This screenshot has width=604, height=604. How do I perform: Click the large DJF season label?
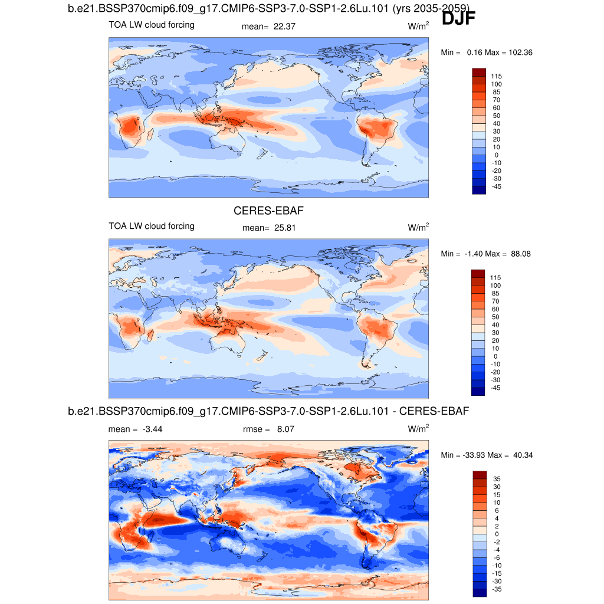pyautogui.click(x=458, y=18)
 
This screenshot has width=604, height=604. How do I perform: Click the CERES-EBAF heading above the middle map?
pyautogui.click(x=268, y=211)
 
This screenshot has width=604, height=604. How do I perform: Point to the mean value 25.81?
pyautogui.click(x=286, y=227)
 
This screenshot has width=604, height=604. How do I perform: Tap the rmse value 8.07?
pyautogui.click(x=285, y=429)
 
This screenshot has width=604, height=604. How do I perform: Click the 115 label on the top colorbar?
pyautogui.click(x=497, y=76)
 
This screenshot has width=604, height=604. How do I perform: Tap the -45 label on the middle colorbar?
pyautogui.click(x=497, y=388)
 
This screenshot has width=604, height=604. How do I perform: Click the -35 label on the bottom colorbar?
pyautogui.click(x=497, y=589)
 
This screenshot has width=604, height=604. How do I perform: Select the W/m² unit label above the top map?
pyautogui.click(x=418, y=27)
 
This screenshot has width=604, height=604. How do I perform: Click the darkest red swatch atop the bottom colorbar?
pyautogui.click(x=478, y=474)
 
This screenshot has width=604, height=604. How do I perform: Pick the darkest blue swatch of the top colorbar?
pyautogui.click(x=478, y=190)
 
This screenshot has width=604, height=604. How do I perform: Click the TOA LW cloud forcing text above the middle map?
pyautogui.click(x=152, y=226)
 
